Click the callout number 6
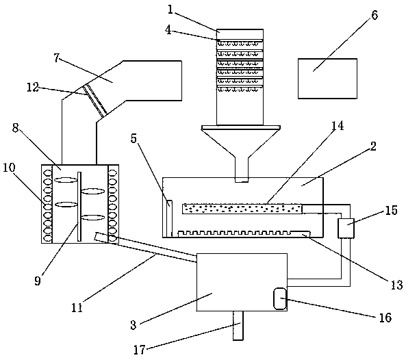[x=375, y=15]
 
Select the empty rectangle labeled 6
[x=327, y=79]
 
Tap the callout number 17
[x=140, y=350]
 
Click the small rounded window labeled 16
[x=280, y=298]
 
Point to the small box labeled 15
[x=346, y=228]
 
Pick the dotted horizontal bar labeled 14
[x=242, y=209]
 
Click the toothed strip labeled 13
[x=244, y=233]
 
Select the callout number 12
[x=33, y=87]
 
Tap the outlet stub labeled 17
[x=238, y=326]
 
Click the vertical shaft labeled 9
[x=79, y=206]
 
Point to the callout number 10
[x=10, y=168]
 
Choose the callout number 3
[x=134, y=325]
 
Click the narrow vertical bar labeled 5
[x=169, y=218]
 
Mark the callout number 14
[x=338, y=126]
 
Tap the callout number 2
[x=373, y=146]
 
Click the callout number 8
[x=16, y=128]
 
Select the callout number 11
[x=77, y=307]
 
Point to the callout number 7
[x=57, y=58]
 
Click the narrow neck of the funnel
[x=242, y=169]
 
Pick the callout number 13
[x=396, y=285]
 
